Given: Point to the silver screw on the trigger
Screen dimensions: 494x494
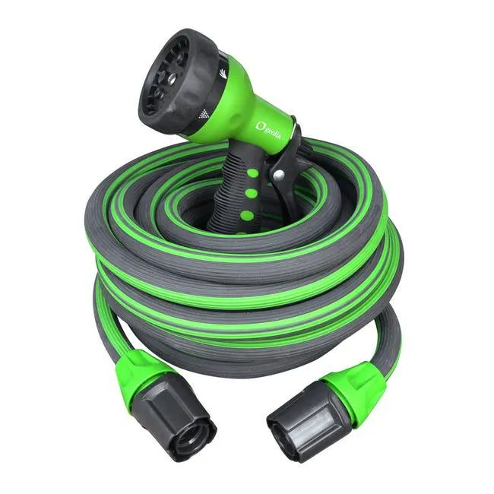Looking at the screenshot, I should pos(278,176).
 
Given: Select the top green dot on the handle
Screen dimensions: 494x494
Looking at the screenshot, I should pos(252,173).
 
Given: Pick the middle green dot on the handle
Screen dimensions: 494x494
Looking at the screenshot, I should pos(248,193).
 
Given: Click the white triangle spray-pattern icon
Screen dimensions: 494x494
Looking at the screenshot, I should pos(204,114).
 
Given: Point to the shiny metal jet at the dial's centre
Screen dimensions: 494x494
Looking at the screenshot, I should pos(168,78).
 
